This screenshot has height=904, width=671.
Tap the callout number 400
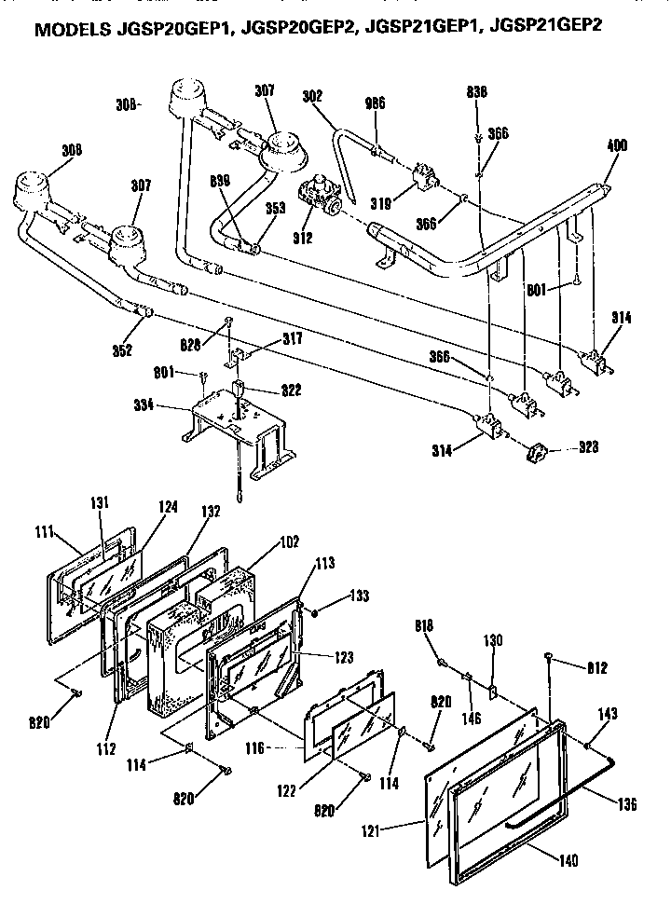pyautogui.click(x=616, y=145)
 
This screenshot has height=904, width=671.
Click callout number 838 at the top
pyautogui.click(x=477, y=91)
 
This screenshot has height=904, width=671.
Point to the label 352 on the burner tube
pyautogui.click(x=123, y=350)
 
